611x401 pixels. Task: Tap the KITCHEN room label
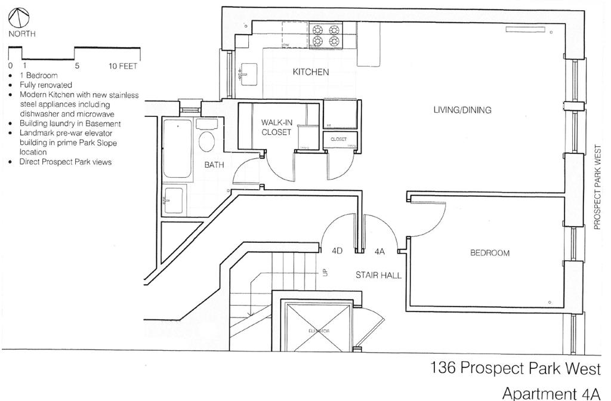(310, 72)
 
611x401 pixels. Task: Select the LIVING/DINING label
(462, 110)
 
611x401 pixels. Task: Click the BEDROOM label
(490, 253)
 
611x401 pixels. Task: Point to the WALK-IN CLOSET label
(276, 127)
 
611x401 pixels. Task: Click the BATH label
(214, 165)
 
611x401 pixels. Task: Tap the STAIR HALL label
(378, 275)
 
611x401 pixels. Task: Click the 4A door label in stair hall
(379, 252)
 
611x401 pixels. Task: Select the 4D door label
(337, 252)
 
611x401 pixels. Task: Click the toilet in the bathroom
(207, 141)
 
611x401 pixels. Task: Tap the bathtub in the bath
(177, 149)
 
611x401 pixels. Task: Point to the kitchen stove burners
(325, 35)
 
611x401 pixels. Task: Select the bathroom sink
(174, 201)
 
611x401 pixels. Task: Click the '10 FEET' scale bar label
(123, 66)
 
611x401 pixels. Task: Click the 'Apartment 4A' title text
(550, 393)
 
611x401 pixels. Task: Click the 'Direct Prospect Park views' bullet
(66, 162)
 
